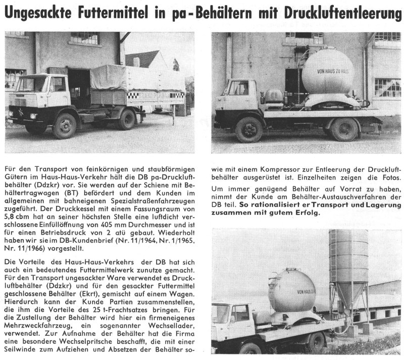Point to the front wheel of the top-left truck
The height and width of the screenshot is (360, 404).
(x=64, y=126)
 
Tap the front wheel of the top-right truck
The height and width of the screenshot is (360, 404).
(x=249, y=129)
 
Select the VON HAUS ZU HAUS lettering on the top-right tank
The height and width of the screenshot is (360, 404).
(x=327, y=72)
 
